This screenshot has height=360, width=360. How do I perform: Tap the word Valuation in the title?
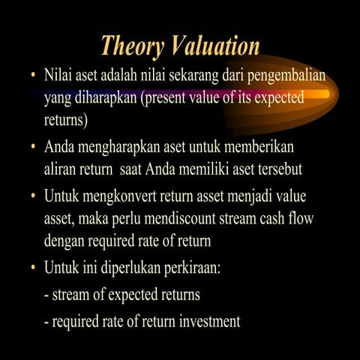click(213, 46)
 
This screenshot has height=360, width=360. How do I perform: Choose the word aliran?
click(62, 168)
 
